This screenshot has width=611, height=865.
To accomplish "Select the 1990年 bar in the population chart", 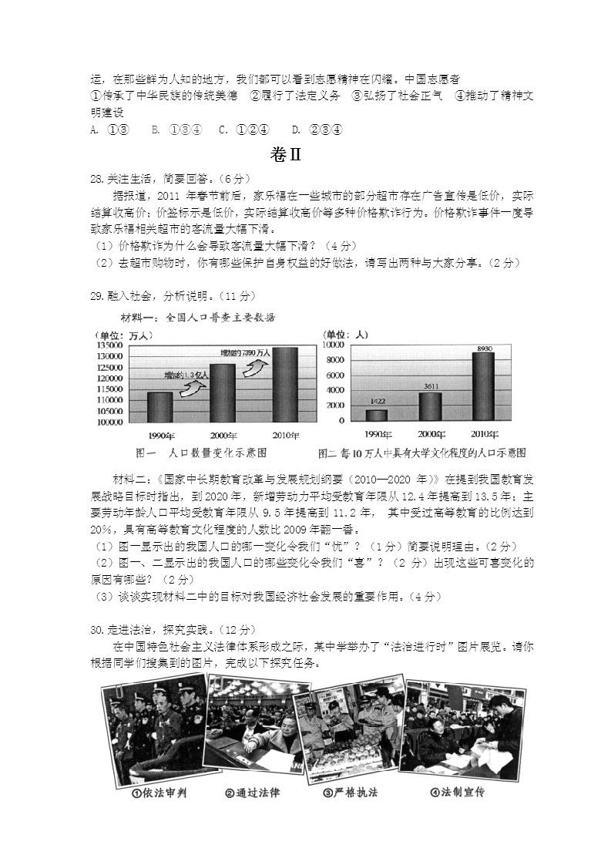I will tap(159, 407).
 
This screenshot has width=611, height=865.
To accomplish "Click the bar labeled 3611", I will tap(430, 406).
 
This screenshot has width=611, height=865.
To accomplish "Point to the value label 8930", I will tap(484, 349).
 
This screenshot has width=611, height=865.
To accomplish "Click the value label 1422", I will tap(378, 402).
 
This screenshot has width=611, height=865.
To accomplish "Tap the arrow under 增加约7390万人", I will tap(255, 367).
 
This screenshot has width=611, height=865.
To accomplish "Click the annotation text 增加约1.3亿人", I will tap(185, 375).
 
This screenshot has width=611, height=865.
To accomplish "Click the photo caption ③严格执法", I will tap(351, 793).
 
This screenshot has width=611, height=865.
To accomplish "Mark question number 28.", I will tap(96, 179).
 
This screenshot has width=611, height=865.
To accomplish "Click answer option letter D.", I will tap(297, 130).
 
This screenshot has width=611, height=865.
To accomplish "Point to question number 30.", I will tap(96, 630).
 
